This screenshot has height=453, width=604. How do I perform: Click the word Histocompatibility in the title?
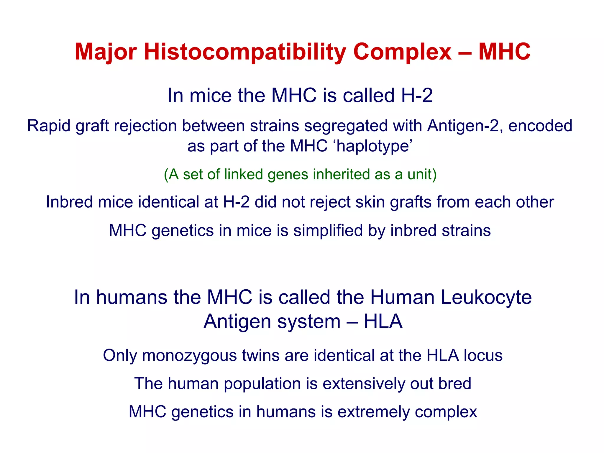point(244,52)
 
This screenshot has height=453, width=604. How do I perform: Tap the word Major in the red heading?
point(105,52)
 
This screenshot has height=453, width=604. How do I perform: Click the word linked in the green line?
point(243,174)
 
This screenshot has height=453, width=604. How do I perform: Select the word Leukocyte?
point(486,297)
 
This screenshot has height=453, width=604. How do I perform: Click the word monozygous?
point(189,356)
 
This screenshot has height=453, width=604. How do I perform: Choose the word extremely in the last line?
point(373,412)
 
